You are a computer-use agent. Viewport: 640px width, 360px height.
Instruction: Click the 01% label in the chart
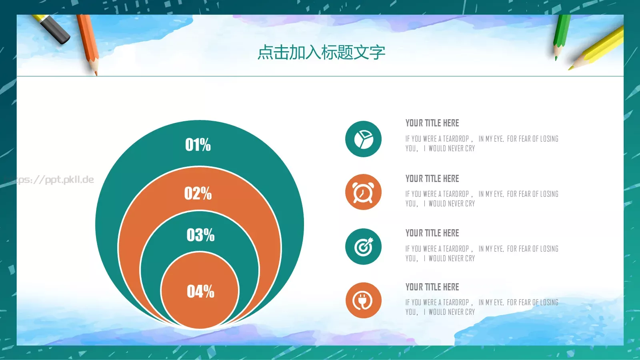[x=198, y=145]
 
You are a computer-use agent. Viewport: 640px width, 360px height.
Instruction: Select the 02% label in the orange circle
[x=198, y=194]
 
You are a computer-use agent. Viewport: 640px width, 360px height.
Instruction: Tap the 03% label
[x=200, y=235]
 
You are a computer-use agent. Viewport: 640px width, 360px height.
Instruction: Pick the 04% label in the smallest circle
[x=200, y=292]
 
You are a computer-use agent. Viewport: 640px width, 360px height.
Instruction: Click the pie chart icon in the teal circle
[x=363, y=139]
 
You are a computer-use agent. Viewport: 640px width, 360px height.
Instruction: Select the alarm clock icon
[x=363, y=192]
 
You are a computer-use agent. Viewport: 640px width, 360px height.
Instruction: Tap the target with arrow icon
[x=363, y=247]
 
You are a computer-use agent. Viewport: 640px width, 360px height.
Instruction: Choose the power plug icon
[x=363, y=301]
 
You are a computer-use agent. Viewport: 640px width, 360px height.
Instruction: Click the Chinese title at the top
[x=321, y=52]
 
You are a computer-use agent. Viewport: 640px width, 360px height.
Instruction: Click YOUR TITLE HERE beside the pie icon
[x=432, y=123]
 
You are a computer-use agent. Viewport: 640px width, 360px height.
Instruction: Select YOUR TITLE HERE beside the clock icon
[x=432, y=179]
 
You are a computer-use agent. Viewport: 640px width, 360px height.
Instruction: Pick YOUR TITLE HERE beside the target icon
[x=432, y=233]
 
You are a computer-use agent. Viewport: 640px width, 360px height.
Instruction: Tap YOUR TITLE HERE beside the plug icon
[x=432, y=287]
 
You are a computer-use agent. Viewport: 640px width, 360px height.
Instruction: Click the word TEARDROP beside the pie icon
[x=456, y=139]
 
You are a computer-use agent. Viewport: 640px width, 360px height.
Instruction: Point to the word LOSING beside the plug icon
[x=549, y=302]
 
